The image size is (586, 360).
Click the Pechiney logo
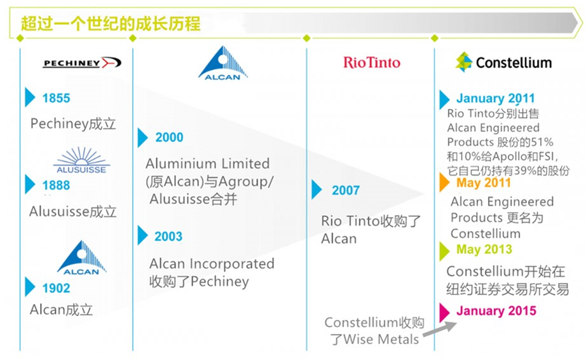pyautogui.click(x=82, y=62)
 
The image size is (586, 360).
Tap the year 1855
pyautogui.click(x=56, y=98)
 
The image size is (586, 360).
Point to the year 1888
pyautogui.click(x=56, y=186)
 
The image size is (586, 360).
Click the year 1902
pyautogui.click(x=56, y=288)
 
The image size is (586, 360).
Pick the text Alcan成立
pyautogui.click(x=62, y=310)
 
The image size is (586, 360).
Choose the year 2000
pyautogui.click(x=169, y=137)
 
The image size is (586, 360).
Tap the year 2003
pyautogui.click(x=169, y=237)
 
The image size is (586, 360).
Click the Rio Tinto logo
pyautogui.click(x=372, y=62)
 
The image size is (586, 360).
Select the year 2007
pyautogui.click(x=346, y=190)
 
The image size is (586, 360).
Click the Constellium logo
pyautogui.click(x=503, y=62)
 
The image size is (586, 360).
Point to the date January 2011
pyautogui.click(x=496, y=99)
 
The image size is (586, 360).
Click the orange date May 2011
pyautogui.click(x=484, y=183)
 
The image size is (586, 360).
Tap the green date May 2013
pyautogui.click(x=484, y=249)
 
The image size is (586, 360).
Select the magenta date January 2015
pyautogui.click(x=496, y=311)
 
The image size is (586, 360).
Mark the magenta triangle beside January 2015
pyautogui.click(x=445, y=312)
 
